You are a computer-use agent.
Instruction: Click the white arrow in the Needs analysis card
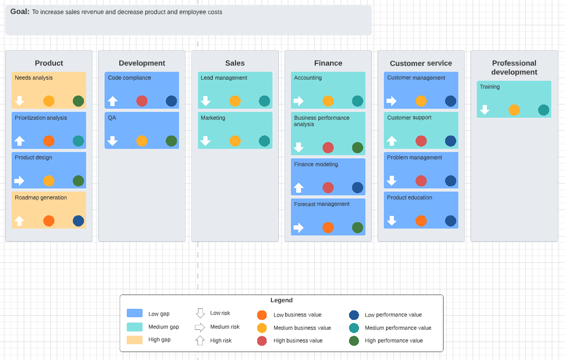(x=20, y=101)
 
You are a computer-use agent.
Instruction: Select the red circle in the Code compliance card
(x=142, y=101)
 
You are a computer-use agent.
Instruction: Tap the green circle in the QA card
(x=171, y=141)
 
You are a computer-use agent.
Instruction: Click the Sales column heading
(x=235, y=63)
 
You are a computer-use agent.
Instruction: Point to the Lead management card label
(x=224, y=78)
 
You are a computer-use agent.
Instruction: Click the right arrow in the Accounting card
(x=298, y=101)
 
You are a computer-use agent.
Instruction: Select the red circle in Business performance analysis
(x=328, y=148)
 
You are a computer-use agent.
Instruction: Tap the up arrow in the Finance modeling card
(x=298, y=187)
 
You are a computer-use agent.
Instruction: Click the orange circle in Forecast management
(x=328, y=228)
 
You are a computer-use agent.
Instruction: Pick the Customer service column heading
(x=421, y=63)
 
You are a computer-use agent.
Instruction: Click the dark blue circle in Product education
(x=450, y=221)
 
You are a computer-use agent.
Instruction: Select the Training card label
(x=489, y=87)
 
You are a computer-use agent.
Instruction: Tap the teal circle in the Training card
(x=543, y=110)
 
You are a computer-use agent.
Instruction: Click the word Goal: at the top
(x=20, y=12)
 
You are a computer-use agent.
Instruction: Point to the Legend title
(x=281, y=300)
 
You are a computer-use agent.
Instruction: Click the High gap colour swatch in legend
(x=135, y=340)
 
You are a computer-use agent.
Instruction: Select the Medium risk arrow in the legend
(x=200, y=327)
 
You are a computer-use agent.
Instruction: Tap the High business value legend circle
(x=262, y=341)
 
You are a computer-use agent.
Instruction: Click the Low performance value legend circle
(x=354, y=315)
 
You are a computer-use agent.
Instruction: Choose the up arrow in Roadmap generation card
(x=20, y=221)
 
